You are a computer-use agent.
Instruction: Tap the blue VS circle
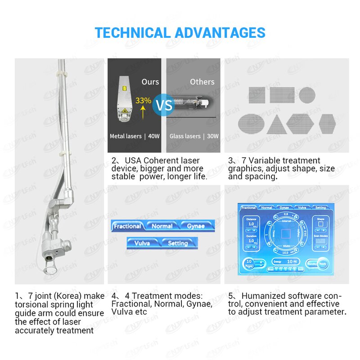pos(164,106)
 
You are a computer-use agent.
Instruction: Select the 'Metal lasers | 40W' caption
pos(134,136)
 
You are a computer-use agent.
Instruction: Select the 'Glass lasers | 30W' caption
pos(194,136)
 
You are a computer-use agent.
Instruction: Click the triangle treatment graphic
pos(276,124)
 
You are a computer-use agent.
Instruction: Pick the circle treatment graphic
pos(307,95)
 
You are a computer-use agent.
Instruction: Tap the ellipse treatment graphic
pos(251,123)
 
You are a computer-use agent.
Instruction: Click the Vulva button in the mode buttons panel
pos(142,243)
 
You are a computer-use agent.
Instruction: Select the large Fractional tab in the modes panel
pos(127,226)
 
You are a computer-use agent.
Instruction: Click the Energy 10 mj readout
pos(285,261)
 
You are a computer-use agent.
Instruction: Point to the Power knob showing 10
pos(249,262)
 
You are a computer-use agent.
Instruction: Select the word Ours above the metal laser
pos(150,81)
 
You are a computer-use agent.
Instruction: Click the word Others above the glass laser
pos(202,81)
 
